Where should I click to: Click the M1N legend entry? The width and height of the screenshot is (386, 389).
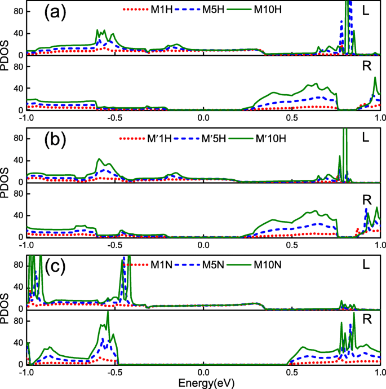(x=149, y=263)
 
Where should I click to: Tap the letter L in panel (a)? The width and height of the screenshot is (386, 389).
(x=365, y=11)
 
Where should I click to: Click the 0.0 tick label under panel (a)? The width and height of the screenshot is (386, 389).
(x=203, y=118)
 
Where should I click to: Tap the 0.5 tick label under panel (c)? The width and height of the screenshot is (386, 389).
(x=291, y=372)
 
